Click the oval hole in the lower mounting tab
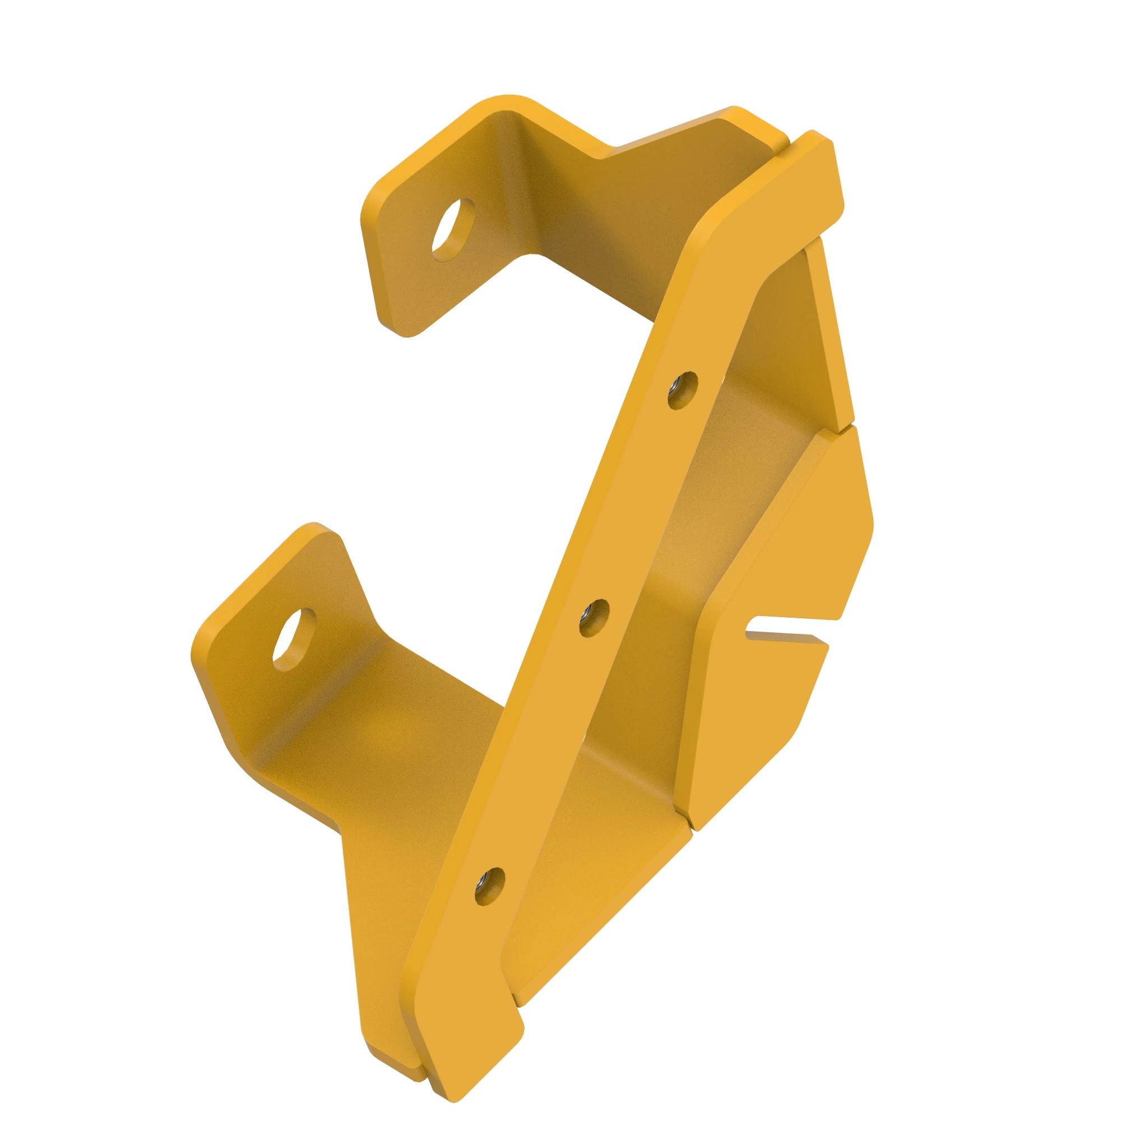[x=294, y=640]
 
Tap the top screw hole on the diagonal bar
[x=682, y=390]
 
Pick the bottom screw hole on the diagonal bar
[x=489, y=887]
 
